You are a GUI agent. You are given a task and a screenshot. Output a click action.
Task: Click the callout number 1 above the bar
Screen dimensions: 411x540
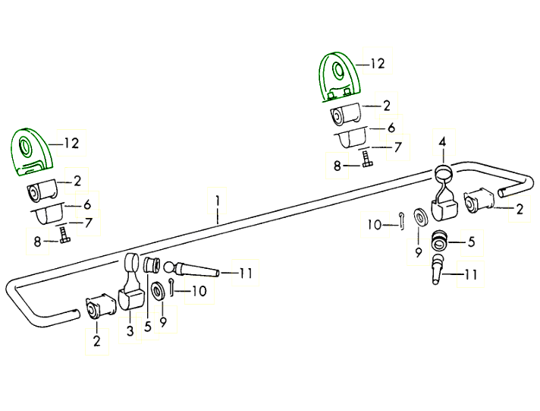217,201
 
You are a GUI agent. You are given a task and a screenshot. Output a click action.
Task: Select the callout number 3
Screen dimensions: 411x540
130,330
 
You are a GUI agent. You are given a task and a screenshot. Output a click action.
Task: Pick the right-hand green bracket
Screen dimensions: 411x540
339,76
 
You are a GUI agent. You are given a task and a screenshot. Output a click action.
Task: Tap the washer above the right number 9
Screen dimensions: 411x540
419,217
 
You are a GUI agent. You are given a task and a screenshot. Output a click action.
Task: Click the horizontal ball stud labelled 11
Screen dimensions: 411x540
193,270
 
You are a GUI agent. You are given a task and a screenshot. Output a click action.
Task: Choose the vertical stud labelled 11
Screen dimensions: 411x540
438,270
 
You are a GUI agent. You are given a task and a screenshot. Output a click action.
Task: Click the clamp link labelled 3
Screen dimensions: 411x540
130,292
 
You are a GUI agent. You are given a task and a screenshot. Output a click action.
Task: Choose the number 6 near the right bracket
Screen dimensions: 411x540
391,128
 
